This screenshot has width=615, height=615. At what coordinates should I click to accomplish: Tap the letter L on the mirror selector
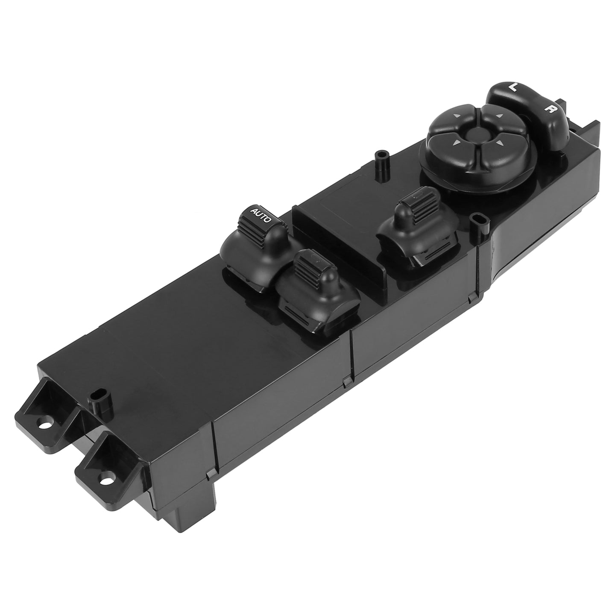513,88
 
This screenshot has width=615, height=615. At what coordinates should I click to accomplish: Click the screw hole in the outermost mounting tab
42,425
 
